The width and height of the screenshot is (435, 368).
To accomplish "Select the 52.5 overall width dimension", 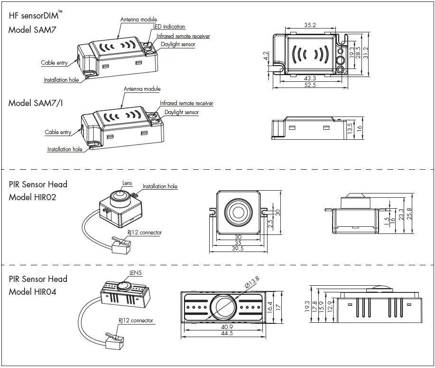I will pyautogui.click(x=310, y=85).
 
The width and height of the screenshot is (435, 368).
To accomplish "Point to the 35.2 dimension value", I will pyautogui.click(x=310, y=25).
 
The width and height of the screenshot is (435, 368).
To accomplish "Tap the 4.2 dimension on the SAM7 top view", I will pyautogui.click(x=267, y=57).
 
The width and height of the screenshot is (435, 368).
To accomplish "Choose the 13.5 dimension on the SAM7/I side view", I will pyautogui.click(x=350, y=128).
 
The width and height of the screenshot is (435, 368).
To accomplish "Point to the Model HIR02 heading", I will pyautogui.click(x=32, y=197).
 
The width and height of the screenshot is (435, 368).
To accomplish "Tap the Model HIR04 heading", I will pyautogui.click(x=32, y=291).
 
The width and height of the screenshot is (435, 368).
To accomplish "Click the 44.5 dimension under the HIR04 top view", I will pyautogui.click(x=226, y=333).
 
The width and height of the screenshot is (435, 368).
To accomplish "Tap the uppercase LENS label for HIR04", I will pyautogui.click(x=136, y=273).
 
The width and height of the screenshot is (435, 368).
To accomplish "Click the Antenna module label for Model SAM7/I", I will pyautogui.click(x=142, y=89).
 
